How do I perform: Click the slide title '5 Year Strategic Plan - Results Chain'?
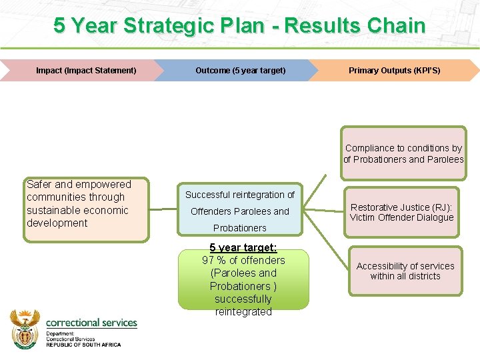point(239,25)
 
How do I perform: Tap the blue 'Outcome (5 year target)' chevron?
point(240,70)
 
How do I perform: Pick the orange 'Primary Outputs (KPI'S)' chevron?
point(394,70)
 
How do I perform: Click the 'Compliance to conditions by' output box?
point(403,153)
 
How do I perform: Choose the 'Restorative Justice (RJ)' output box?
point(402,213)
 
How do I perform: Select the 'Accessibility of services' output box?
point(405,271)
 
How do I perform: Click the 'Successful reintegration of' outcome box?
point(240,210)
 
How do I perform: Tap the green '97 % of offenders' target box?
point(243,280)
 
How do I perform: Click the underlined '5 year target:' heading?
point(243,247)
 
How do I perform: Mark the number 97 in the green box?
point(209,260)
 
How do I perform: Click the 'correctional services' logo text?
point(91,323)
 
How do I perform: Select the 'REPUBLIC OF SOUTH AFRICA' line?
point(83,345)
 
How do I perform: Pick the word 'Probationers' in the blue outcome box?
point(240,228)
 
